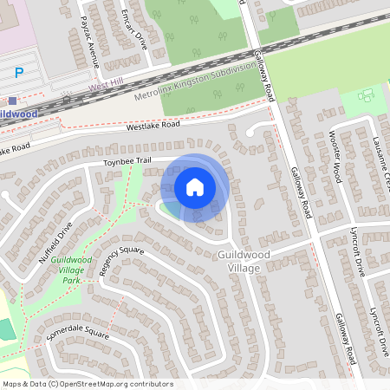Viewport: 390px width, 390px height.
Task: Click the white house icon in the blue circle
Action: tap(195, 187)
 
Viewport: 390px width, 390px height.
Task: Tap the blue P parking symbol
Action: tap(19, 72)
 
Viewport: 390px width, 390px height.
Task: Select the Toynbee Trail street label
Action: tap(127, 161)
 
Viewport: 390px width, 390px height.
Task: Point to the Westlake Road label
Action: tap(153, 125)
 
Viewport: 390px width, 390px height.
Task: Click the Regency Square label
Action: tap(121, 261)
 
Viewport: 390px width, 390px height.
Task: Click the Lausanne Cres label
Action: tap(379, 142)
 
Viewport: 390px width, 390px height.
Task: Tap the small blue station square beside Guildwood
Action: tap(12, 101)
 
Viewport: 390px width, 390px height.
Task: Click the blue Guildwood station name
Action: tap(17, 114)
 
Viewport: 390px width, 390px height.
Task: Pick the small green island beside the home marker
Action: tap(167, 208)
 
